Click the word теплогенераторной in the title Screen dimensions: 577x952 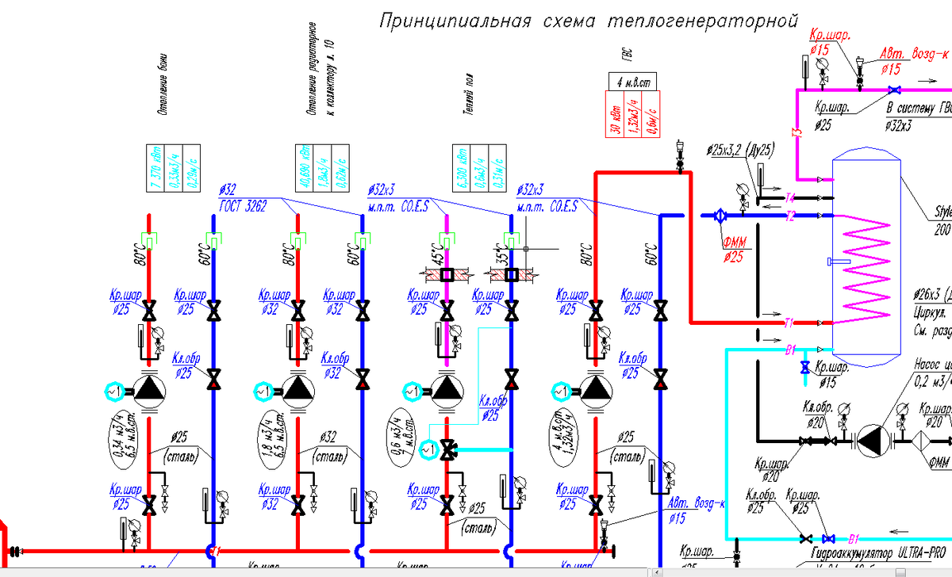[x=702, y=21]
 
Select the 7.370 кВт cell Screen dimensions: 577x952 [x=156, y=170]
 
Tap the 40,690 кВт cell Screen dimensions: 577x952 [x=305, y=170]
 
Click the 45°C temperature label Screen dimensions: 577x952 [x=437, y=255]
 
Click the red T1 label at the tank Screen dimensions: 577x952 [x=789, y=323]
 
